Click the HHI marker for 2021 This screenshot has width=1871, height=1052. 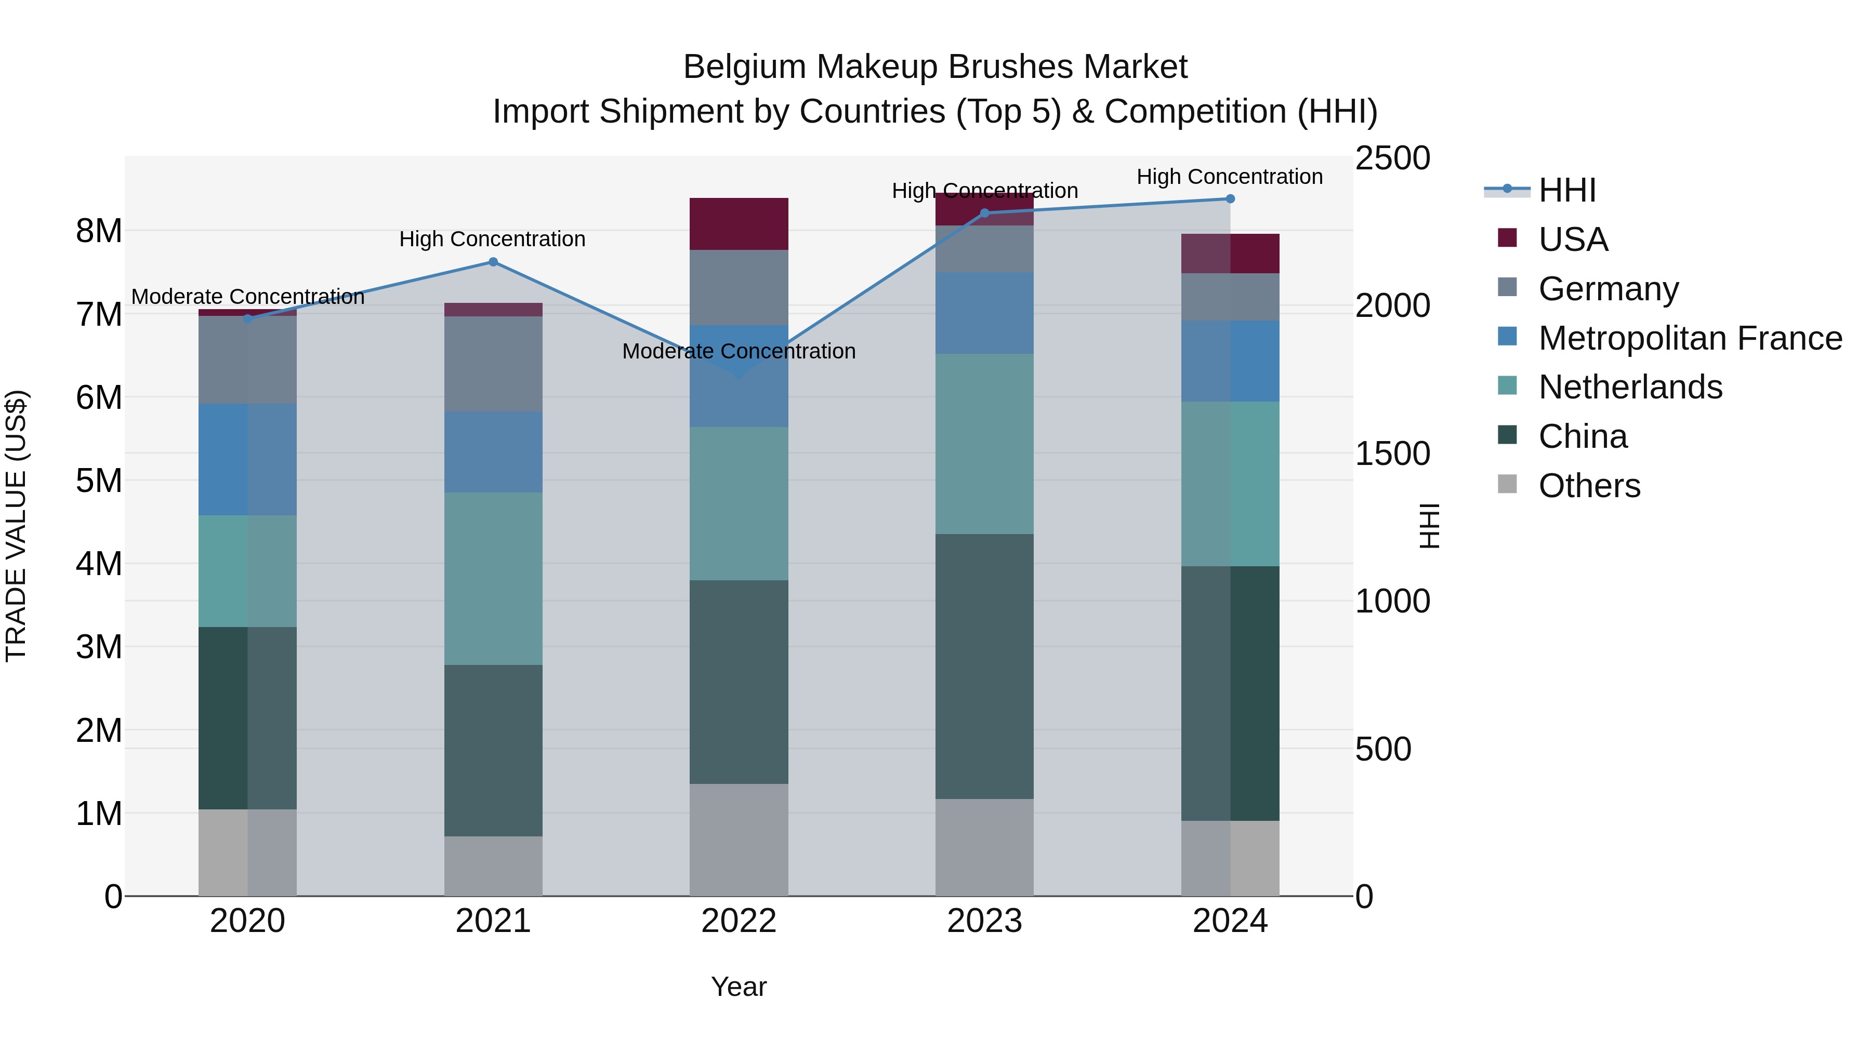(493, 262)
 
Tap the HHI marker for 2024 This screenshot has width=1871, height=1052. (1230, 199)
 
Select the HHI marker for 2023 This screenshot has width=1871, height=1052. (985, 214)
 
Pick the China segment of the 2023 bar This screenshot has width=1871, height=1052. (984, 667)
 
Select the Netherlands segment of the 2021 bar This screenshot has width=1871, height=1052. (493, 579)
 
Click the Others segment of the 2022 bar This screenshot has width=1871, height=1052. (739, 840)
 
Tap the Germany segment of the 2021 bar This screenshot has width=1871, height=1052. (493, 364)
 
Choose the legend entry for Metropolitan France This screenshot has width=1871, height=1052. (1690, 338)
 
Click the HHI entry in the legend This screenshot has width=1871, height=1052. (1566, 190)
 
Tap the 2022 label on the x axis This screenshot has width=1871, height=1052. (739, 921)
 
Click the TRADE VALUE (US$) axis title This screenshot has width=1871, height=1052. (16, 526)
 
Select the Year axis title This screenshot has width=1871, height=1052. (739, 987)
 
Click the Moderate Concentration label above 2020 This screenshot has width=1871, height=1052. (248, 297)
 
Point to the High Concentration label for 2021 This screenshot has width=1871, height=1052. (493, 239)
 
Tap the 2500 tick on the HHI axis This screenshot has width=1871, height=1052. (1392, 158)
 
